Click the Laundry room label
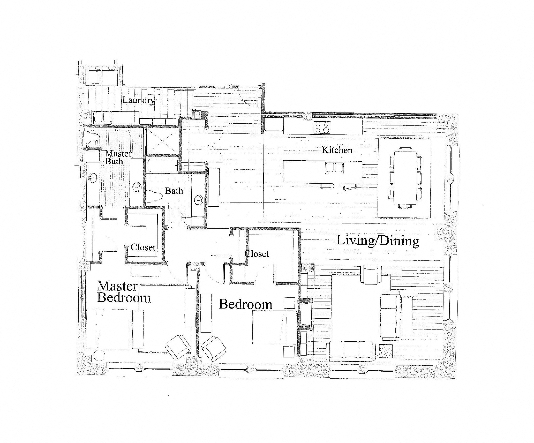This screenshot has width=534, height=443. point(138,100)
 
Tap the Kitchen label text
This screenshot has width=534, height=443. point(337,150)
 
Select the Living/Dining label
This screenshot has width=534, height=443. point(378,241)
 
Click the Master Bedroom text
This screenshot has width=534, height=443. point(124,292)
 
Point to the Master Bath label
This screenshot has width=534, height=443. point(118,157)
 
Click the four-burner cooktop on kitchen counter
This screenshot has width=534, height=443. point(322,127)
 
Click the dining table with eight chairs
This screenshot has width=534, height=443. point(405,178)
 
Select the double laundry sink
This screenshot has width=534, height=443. point(102,117)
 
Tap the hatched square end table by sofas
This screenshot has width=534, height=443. point(386,351)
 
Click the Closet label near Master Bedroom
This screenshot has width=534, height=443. point(143,247)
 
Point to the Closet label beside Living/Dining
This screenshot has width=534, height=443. point(257,254)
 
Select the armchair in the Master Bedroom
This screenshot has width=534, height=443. point(178,347)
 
